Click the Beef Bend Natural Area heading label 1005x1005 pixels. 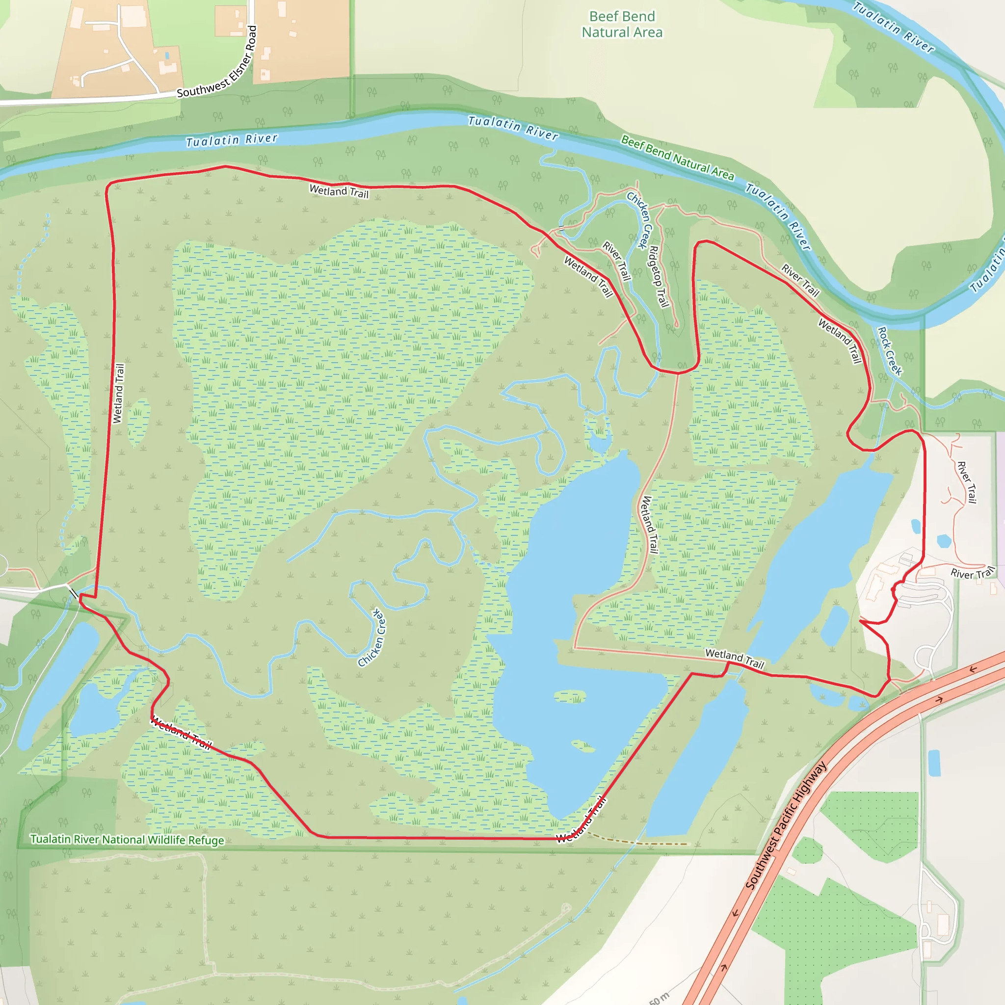pos(622,25)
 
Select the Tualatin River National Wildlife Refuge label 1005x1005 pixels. pos(127,840)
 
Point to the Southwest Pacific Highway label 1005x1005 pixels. pos(786,825)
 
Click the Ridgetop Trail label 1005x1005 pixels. pos(658,276)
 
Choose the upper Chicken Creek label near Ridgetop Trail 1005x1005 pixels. pos(639,220)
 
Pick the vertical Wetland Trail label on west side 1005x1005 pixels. pos(119,393)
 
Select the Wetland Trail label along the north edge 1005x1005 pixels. pos(339,191)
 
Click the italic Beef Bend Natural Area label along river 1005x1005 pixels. pos(677,158)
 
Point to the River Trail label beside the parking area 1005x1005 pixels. pos(972,573)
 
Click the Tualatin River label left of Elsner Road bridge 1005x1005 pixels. pos(232,140)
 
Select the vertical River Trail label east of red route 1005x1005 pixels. pos(967,482)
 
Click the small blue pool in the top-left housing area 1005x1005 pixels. pos(166,55)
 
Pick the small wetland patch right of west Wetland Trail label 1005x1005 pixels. pos(138,422)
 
